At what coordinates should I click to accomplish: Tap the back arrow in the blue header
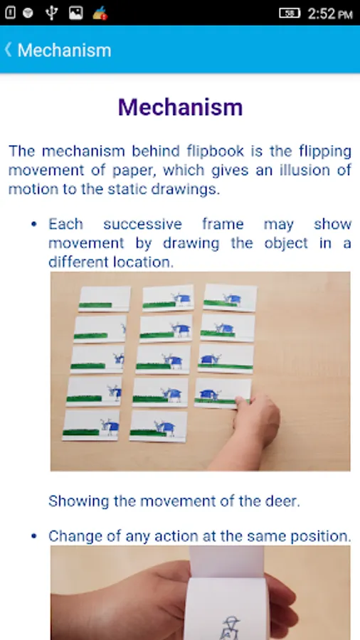8,50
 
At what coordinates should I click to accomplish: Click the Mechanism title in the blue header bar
65,50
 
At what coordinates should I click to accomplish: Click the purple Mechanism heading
180,107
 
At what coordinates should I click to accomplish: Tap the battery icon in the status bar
290,13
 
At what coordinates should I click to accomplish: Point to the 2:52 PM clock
330,14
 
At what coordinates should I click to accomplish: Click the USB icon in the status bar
51,13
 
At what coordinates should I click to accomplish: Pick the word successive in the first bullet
142,224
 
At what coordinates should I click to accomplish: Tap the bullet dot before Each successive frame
34,225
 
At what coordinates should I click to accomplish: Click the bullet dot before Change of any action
34,536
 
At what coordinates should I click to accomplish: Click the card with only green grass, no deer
105,299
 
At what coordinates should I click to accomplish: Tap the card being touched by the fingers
223,393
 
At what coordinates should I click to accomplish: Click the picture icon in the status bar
75,13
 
